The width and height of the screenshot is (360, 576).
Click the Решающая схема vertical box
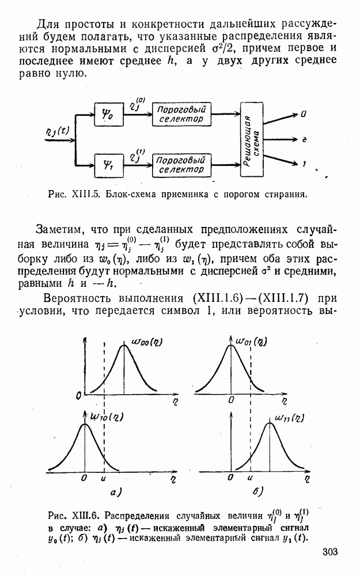(x=252, y=139)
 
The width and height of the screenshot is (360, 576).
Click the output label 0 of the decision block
(x=303, y=114)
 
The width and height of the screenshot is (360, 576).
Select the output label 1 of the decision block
(x=303, y=165)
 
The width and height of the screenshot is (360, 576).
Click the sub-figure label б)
(x=257, y=492)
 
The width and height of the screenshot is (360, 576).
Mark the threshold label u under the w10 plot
(x=103, y=478)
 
